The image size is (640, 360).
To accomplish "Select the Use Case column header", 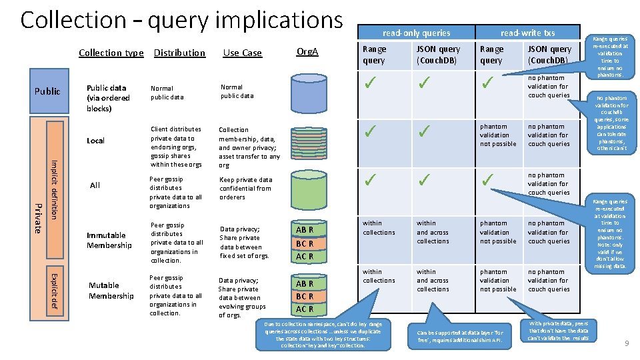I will tap(243, 53).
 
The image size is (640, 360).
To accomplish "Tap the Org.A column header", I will tap(307, 51).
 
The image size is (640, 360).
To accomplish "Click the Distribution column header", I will tap(179, 53).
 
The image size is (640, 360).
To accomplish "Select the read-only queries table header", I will tap(416, 33).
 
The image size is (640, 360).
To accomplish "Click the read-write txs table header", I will tap(527, 33).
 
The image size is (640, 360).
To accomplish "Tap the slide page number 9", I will tap(626, 343).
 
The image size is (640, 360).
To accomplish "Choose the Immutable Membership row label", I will tap(109, 241).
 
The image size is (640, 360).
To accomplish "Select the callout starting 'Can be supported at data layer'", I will tap(461, 336).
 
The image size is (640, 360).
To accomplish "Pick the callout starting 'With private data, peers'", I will tap(558, 331).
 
